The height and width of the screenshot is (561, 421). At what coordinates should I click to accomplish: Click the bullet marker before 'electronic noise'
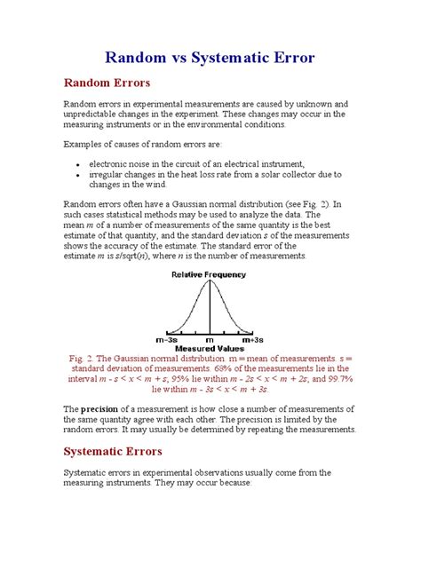point(79,165)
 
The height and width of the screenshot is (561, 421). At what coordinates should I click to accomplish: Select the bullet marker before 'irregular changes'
point(79,176)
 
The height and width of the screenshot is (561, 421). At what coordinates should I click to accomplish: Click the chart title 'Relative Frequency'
point(210,275)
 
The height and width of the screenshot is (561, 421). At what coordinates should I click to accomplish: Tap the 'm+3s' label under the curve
point(252,340)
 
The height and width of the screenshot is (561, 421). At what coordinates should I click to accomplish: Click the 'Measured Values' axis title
point(210,349)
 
